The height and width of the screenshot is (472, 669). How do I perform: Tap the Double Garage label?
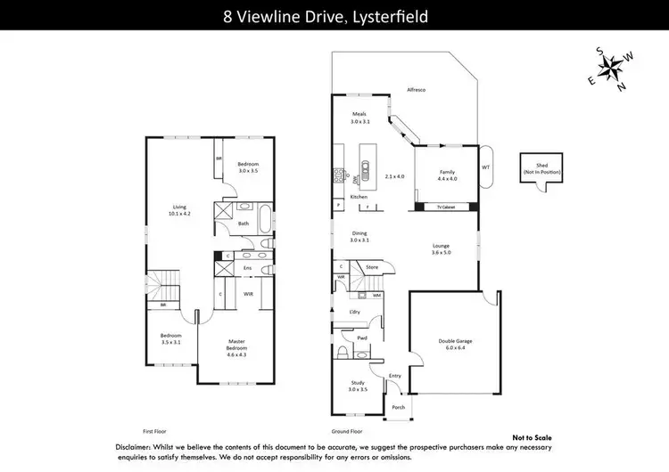(x=456, y=341)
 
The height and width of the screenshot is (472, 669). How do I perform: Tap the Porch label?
(x=397, y=408)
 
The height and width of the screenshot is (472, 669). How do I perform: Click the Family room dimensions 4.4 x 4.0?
(x=448, y=179)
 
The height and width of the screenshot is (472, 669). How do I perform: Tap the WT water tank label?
(x=485, y=167)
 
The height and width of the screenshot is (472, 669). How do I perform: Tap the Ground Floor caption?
(x=345, y=429)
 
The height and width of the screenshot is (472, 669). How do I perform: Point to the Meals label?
(x=359, y=114)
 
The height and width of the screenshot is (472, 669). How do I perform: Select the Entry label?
(x=395, y=377)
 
